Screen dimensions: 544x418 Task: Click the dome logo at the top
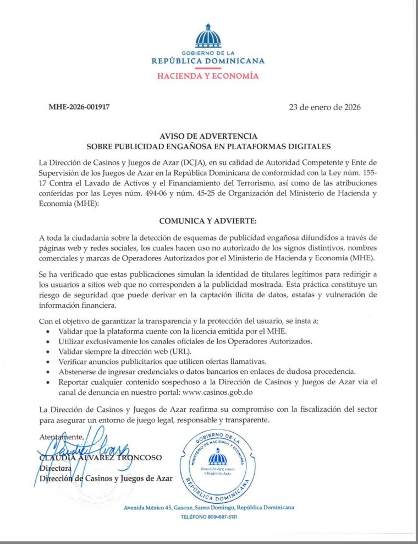coord(208,36)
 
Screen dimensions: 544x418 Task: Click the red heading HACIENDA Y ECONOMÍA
coord(208,76)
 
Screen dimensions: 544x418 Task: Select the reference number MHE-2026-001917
coord(79,107)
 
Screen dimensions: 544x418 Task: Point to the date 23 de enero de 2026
coord(324,107)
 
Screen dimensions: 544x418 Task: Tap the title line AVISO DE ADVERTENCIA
coord(208,135)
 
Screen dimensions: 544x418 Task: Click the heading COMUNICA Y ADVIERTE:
coord(208,221)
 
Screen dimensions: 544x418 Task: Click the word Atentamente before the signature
coord(61,437)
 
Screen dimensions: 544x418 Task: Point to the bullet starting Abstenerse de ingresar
coord(207,372)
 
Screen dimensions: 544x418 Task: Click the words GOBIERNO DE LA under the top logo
coord(208,52)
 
